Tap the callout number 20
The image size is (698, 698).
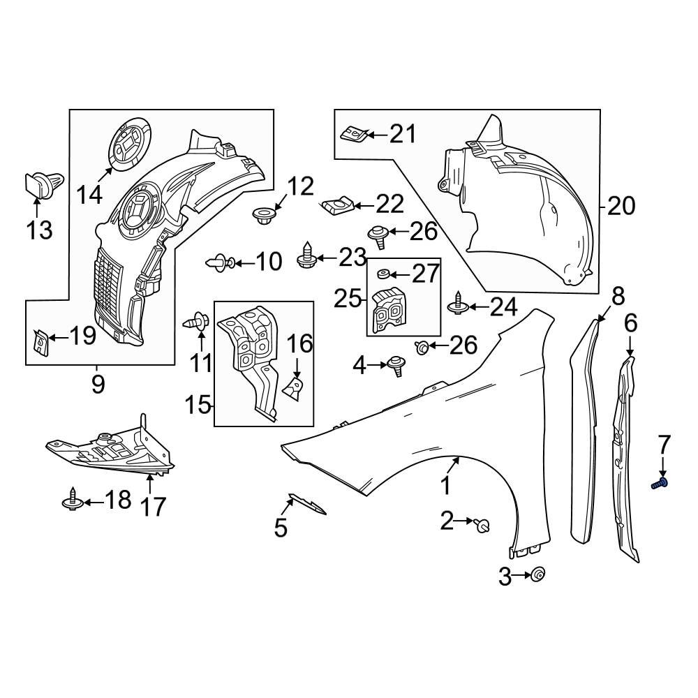click(x=621, y=206)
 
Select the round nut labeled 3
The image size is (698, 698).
click(x=537, y=575)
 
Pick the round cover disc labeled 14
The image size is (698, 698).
click(x=129, y=144)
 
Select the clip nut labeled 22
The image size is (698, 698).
click(x=337, y=205)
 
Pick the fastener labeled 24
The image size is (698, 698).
click(x=457, y=304)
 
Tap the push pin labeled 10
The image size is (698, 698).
click(x=218, y=263)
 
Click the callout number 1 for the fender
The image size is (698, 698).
click(x=445, y=487)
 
